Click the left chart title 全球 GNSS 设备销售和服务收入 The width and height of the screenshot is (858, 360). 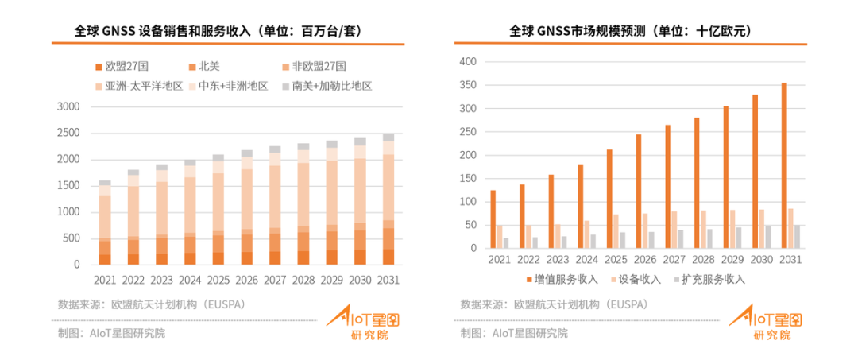pyautogui.click(x=222, y=31)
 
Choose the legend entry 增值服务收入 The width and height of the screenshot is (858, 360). pyautogui.click(x=565, y=279)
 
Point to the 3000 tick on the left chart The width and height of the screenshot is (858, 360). pyautogui.click(x=69, y=106)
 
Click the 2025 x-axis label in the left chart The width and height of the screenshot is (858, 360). pyautogui.click(x=218, y=281)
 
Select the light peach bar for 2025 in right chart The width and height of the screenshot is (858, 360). pyautogui.click(x=616, y=231)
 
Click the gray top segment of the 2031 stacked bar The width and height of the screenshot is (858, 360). pyautogui.click(x=388, y=137)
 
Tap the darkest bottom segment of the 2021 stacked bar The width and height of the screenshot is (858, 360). pyautogui.click(x=105, y=259)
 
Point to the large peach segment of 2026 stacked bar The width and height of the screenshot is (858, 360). pyautogui.click(x=247, y=199)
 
